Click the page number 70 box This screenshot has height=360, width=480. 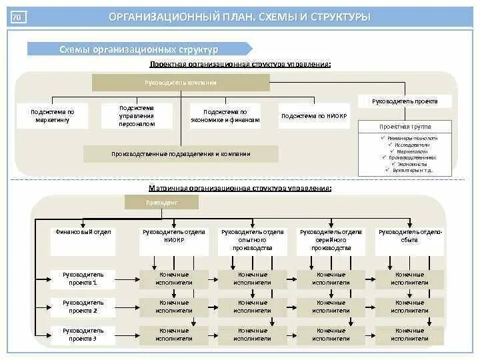click(x=18, y=17)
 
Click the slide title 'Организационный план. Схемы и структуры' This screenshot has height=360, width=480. click(x=240, y=17)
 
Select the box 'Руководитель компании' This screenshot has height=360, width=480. click(x=181, y=83)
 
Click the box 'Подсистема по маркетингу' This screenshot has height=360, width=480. click(x=53, y=116)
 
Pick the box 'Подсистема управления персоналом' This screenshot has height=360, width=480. click(x=137, y=116)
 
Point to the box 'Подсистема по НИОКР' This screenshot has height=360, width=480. click(x=314, y=116)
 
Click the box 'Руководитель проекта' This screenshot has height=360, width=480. click(x=405, y=101)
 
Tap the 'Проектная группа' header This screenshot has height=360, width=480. click(x=405, y=127)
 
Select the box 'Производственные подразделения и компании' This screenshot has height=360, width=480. click(x=181, y=154)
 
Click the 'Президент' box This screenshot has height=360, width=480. click(x=152, y=203)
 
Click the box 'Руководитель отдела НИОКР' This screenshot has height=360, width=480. click(x=174, y=241)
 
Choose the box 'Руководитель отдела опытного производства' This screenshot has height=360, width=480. click(x=253, y=241)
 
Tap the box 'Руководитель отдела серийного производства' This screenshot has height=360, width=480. click(x=331, y=241)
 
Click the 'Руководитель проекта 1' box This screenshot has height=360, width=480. click(x=83, y=279)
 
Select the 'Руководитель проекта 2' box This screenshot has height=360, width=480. click(x=83, y=307)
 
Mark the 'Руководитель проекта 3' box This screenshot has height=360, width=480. click(x=83, y=335)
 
